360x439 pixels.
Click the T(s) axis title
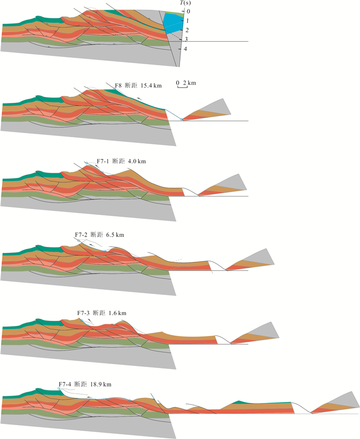[x=185, y=3]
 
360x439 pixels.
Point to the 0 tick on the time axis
[x=188, y=11]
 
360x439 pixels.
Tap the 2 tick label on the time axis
[x=187, y=30]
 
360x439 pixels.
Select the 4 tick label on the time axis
[x=186, y=49]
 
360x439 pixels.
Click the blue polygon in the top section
[x=173, y=23]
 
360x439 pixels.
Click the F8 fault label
[x=118, y=86]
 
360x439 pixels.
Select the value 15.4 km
[x=151, y=86]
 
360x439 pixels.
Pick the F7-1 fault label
[x=103, y=161]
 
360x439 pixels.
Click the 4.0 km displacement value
[x=137, y=161]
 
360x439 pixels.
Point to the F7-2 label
[x=81, y=234]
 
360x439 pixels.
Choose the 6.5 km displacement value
[x=115, y=234]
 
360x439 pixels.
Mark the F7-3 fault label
[x=83, y=313]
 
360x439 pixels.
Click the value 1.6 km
[x=117, y=313]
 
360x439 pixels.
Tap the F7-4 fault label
[x=65, y=384]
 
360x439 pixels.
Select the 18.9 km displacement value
[x=101, y=384]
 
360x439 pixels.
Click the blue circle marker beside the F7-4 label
[x=59, y=389]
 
